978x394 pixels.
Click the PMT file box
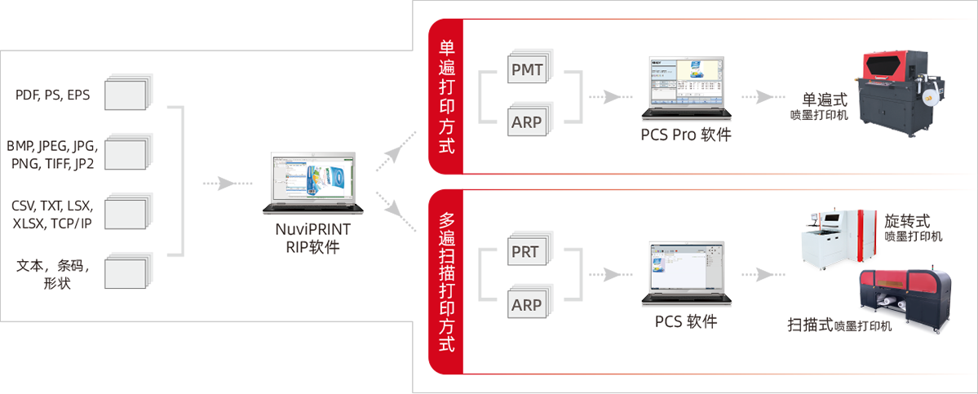coord(528,70)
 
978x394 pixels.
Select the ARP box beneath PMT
coord(528,122)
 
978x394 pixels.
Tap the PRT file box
coord(524,251)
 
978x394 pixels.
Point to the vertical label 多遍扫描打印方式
coord(447,281)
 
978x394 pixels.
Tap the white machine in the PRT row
coord(831,241)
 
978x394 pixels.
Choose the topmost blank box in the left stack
coord(122,94)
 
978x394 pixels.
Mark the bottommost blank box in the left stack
coord(122,273)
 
